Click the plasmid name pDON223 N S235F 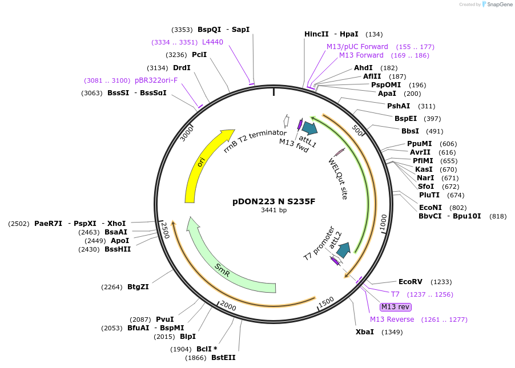273,201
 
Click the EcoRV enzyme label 410,282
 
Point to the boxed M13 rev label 395,307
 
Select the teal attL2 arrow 343,249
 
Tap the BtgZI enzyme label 138,287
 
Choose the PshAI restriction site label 399,106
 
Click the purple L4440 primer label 212,42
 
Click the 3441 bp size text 273,211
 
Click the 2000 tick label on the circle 227,307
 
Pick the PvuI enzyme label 164,320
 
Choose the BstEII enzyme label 223,358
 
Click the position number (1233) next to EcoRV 441,282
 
